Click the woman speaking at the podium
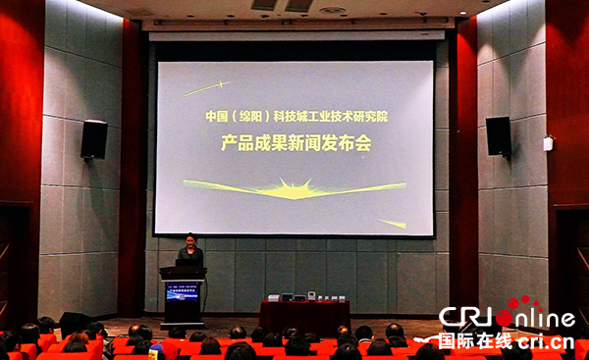click(189, 253)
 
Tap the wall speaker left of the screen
click(94, 139)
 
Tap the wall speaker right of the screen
click(498, 135)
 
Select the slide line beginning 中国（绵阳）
click(295, 116)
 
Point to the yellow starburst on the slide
click(293, 186)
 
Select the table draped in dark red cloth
click(304, 316)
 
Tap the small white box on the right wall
click(548, 143)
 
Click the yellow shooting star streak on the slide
click(205, 87)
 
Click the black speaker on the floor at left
click(75, 321)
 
